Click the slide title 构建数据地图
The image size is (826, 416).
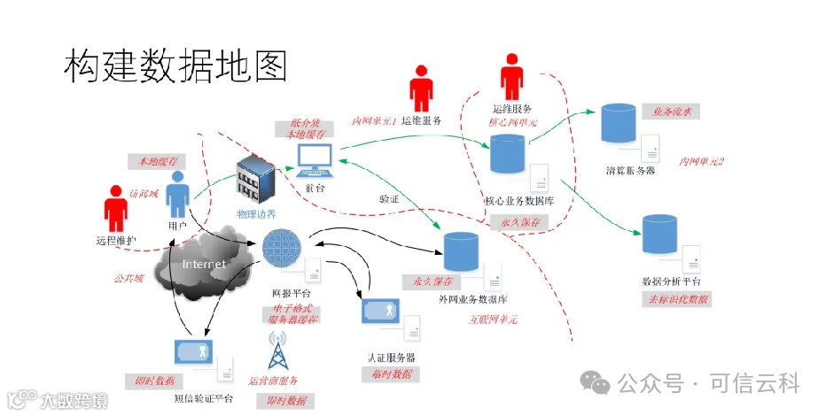[175, 66]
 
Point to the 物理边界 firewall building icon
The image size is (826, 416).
[255, 180]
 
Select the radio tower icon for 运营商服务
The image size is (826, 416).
[281, 351]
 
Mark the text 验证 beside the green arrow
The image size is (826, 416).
[389, 198]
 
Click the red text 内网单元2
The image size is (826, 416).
[701, 161]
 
